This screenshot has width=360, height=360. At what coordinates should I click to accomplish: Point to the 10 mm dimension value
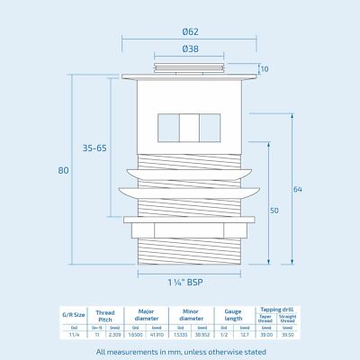265,69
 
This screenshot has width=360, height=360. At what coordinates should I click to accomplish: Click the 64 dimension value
298,189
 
